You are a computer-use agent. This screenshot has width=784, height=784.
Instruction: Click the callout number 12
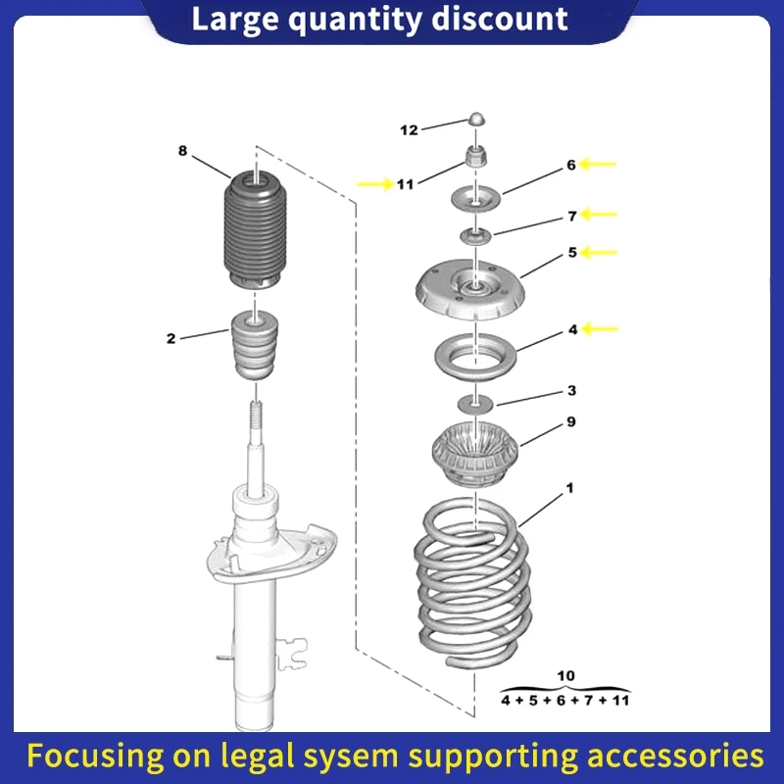pos(409,129)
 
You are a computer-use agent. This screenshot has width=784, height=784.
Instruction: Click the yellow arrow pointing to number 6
pos(598,165)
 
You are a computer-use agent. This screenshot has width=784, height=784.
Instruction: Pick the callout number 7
pos(570,215)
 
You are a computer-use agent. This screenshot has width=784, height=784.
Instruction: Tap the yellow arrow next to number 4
pos(600,329)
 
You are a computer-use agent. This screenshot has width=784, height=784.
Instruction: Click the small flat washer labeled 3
pos(475,403)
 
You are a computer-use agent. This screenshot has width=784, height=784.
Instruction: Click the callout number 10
pos(565,675)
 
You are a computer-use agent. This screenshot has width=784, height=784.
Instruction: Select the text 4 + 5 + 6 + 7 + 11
pos(565,700)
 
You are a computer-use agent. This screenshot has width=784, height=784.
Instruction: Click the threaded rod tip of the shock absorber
pos(255,416)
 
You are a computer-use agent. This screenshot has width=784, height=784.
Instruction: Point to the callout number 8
pos(182,151)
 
